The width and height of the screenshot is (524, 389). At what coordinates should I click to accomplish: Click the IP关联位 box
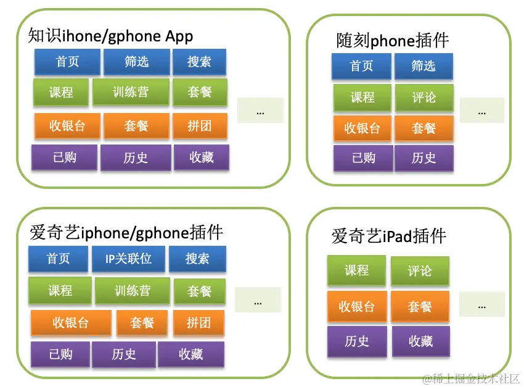click(x=128, y=259)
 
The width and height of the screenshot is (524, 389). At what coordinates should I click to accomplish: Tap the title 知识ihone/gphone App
click(x=110, y=36)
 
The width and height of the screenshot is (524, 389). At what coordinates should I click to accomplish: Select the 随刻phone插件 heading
click(x=393, y=41)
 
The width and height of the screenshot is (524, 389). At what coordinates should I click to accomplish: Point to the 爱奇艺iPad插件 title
click(x=388, y=236)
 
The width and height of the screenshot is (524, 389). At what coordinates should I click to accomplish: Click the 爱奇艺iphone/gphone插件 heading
click(x=126, y=233)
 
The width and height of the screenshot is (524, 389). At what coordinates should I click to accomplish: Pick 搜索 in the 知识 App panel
click(x=199, y=62)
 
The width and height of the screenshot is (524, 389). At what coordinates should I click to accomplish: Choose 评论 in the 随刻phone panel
click(x=424, y=98)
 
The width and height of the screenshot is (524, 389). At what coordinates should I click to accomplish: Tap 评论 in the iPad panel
click(x=420, y=271)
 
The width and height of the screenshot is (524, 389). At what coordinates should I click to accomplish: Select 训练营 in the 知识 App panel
click(x=130, y=92)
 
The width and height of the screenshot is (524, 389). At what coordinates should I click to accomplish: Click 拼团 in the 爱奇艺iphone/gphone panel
click(x=199, y=322)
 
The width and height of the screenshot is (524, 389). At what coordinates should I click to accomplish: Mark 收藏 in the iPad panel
click(x=420, y=341)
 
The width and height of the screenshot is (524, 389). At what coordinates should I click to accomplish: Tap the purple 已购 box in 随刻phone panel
click(x=363, y=158)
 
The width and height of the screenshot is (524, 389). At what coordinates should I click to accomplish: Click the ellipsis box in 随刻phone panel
click(x=481, y=111)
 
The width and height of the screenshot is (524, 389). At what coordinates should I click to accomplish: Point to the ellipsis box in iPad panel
click(x=481, y=304)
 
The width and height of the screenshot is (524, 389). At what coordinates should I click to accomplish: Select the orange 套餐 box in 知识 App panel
click(x=136, y=126)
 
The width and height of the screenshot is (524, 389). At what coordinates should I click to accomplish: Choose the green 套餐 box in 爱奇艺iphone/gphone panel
click(x=199, y=291)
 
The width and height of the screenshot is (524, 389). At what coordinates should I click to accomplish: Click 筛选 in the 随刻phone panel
click(x=424, y=66)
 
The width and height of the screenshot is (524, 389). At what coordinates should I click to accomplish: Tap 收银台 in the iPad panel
click(x=357, y=306)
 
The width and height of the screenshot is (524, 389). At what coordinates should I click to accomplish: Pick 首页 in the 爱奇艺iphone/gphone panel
click(x=59, y=259)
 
